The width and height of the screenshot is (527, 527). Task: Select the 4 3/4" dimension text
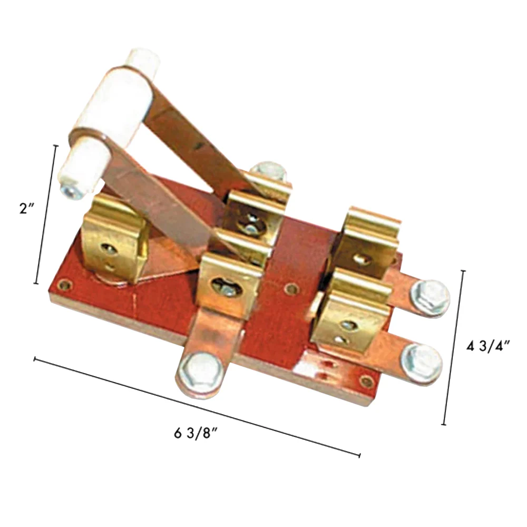[487, 346]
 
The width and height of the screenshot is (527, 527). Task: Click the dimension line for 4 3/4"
[455, 347]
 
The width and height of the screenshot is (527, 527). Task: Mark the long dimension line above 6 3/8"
[197, 407]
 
